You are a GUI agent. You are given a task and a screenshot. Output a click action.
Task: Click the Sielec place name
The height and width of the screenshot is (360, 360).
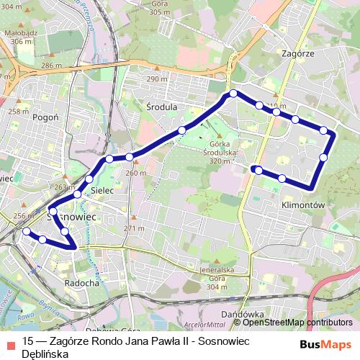[103, 191]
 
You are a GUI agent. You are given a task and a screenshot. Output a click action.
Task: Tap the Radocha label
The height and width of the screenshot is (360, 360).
[81, 283]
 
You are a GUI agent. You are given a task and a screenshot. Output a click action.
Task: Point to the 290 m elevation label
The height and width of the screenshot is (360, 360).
[157, 78]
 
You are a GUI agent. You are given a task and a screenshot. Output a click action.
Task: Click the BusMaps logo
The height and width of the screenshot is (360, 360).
[326, 343]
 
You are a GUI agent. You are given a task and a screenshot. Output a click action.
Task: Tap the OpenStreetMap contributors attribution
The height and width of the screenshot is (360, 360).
[297, 323]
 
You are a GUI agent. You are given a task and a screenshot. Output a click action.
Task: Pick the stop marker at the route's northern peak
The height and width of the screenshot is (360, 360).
[233, 94]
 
